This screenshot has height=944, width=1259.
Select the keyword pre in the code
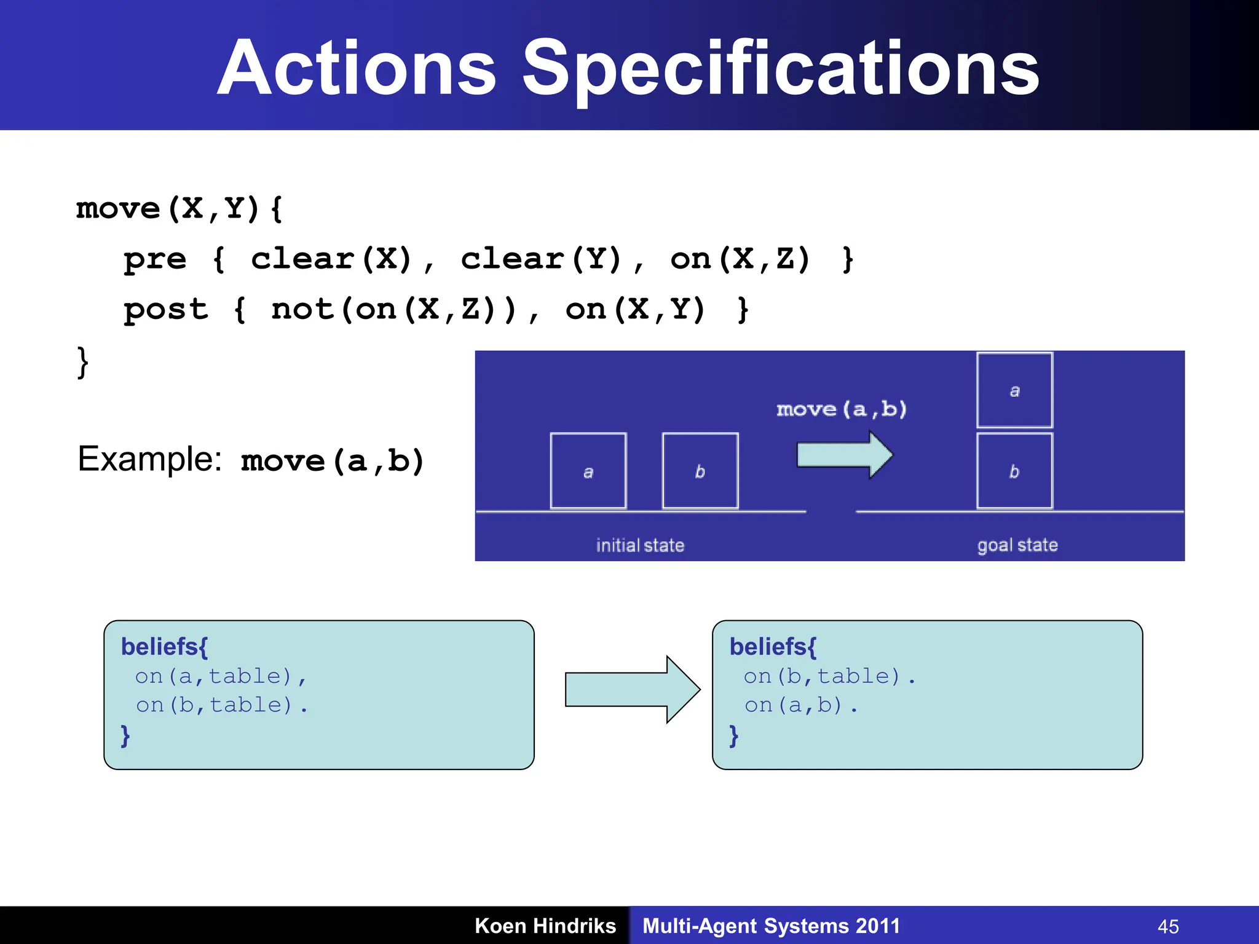(x=155, y=259)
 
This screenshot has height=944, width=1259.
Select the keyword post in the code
(x=166, y=310)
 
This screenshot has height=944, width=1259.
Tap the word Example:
(x=149, y=459)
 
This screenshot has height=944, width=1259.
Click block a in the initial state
(x=588, y=471)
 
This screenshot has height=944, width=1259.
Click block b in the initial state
(x=700, y=471)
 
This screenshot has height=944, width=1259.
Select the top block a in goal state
(x=1014, y=390)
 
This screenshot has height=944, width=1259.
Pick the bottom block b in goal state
(x=1014, y=471)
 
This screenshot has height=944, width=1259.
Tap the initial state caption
(x=640, y=545)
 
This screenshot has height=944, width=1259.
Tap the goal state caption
(x=1017, y=545)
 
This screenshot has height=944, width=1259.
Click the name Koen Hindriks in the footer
(x=545, y=926)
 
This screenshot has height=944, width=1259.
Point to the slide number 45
(x=1168, y=926)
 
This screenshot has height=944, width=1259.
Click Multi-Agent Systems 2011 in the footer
(x=771, y=926)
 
